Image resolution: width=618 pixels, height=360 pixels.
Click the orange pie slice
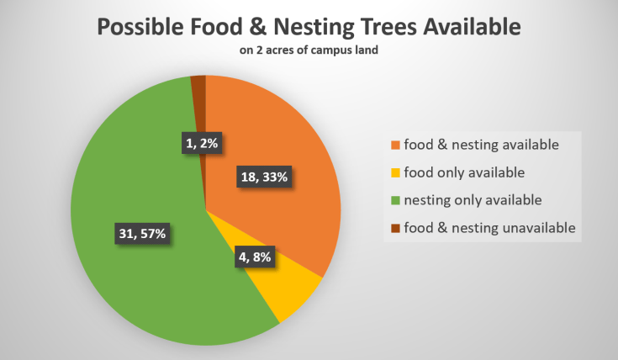point(290,143)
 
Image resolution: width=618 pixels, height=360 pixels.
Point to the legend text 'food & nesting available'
point(481,145)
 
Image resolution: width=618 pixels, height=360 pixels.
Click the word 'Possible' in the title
point(144,27)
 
